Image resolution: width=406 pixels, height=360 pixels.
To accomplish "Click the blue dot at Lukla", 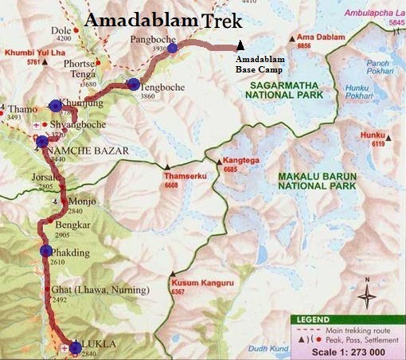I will click(x=75, y=346).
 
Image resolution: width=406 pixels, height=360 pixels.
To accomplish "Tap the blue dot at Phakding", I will click(x=45, y=252).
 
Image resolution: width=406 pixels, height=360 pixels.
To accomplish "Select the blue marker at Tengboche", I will click(x=132, y=84).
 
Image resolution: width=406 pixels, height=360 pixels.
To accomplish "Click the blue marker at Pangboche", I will click(x=172, y=48).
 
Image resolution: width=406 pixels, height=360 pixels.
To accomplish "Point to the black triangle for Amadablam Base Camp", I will click(x=240, y=48).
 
